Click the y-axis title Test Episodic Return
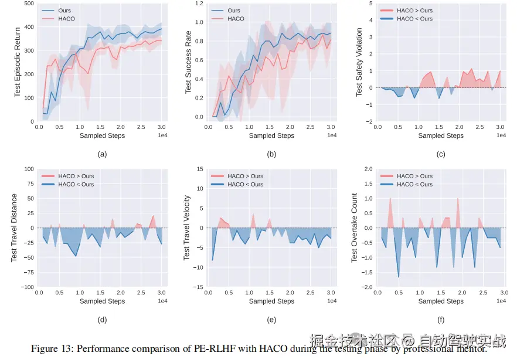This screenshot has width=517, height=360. point(17,62)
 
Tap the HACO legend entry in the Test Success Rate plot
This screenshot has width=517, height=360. point(236,19)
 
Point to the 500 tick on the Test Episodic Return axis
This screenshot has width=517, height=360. point(28,4)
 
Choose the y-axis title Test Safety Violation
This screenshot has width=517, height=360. point(359,62)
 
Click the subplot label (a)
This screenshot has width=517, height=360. point(102,154)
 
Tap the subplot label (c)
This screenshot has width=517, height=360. point(441,154)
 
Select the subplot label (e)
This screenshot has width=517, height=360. point(271,320)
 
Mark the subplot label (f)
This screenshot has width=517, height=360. point(441,320)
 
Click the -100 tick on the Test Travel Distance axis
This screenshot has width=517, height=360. point(25,287)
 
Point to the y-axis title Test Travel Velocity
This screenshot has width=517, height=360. point(188,228)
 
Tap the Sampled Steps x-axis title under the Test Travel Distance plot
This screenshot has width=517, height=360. point(102,301)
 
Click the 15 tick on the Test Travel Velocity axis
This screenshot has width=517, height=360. point(199,169)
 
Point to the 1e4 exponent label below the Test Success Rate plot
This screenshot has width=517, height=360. point(332,135)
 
